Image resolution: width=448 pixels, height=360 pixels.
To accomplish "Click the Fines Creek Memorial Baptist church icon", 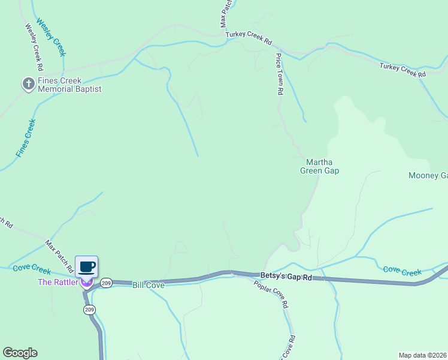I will (28, 85).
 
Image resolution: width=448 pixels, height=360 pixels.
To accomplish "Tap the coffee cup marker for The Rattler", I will (86, 267).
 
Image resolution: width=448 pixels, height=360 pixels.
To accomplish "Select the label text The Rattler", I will (57, 282).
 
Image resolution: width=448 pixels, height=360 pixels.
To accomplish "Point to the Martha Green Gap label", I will (319, 166).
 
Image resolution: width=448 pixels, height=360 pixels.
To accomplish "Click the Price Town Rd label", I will (279, 74).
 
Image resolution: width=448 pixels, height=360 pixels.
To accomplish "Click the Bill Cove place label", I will (148, 285).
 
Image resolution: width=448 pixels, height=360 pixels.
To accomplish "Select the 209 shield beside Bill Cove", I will (107, 283).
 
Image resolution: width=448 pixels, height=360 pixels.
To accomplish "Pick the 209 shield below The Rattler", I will (89, 310).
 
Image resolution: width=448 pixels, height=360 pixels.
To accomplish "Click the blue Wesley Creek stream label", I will (51, 37).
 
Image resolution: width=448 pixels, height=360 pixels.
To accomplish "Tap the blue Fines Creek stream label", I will (26, 139).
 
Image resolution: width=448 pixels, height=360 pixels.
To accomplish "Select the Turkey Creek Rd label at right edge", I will (402, 70).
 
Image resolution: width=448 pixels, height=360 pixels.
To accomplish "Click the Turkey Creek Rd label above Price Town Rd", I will (249, 38).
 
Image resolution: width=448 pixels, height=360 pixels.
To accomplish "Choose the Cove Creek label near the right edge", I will (402, 271).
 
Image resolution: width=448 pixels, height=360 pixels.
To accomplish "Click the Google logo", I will (20, 353).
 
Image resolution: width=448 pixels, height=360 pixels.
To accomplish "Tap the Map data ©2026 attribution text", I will (422, 355).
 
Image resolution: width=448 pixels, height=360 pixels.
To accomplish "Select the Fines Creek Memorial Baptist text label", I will (69, 85).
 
